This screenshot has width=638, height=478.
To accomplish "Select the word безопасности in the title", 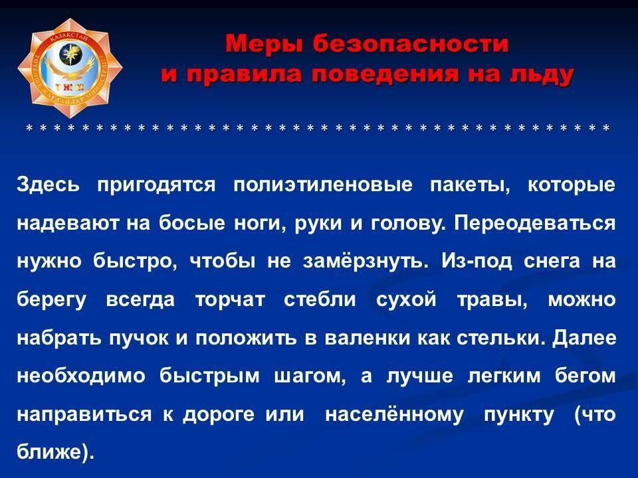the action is (411, 44).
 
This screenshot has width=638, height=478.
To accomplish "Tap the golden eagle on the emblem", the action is (70, 70).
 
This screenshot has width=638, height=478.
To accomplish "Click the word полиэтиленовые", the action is (323, 185).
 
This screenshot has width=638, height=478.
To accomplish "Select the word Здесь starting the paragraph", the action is (49, 185).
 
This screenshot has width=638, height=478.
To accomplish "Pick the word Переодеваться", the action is (534, 224).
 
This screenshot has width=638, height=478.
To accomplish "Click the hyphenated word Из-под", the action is (477, 262).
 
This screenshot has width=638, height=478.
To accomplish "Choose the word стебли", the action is (320, 300).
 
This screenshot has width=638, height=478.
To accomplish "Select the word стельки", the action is (501, 338).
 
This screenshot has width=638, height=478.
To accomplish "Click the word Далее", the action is (584, 338).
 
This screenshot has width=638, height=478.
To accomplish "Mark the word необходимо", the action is (81, 376).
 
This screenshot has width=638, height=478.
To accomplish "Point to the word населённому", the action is (394, 414).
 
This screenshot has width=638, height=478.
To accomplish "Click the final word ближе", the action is (55, 452).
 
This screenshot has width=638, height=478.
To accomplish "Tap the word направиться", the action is (84, 414).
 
